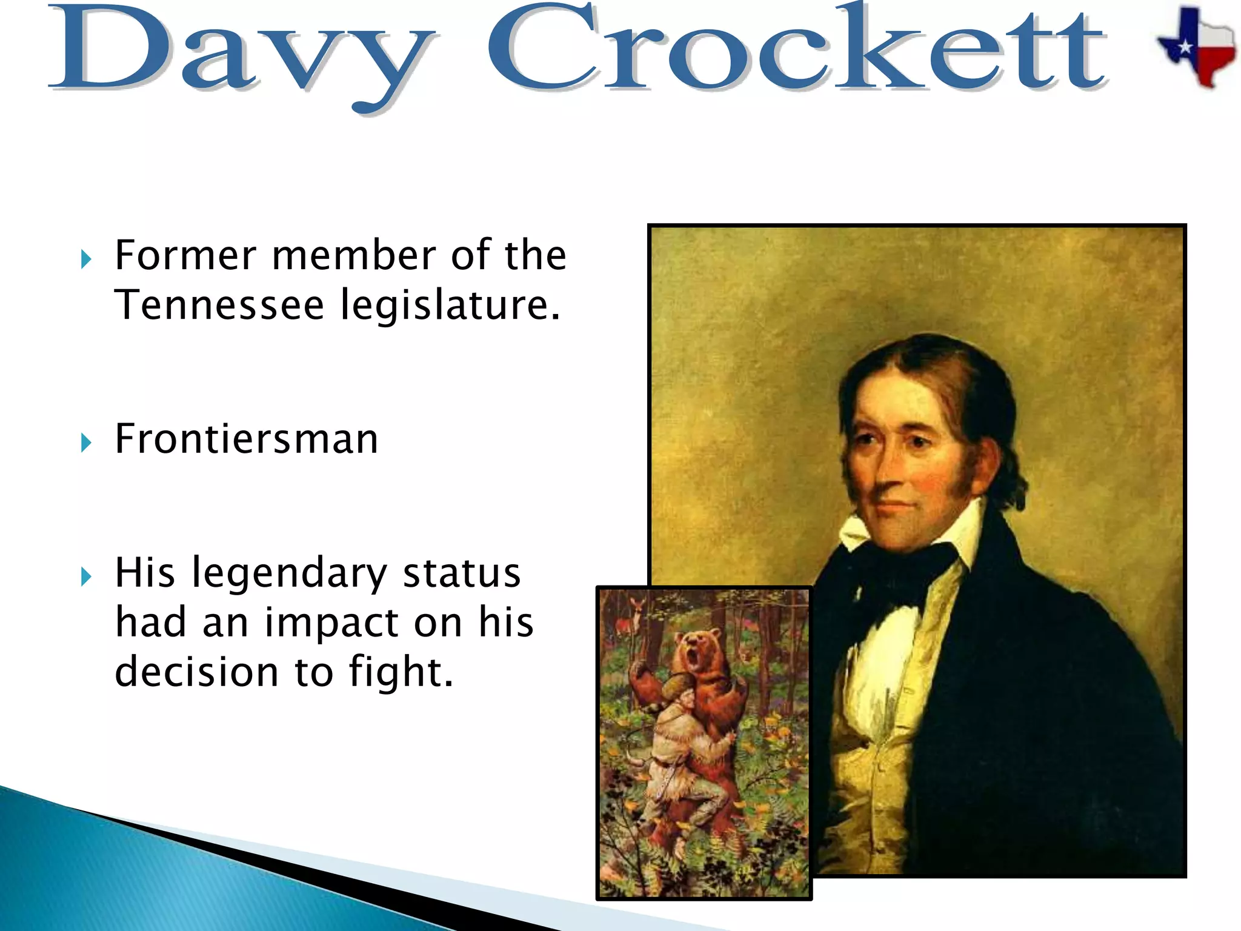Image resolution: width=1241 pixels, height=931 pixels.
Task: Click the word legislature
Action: tap(450, 306)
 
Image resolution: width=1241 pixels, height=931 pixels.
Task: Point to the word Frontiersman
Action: tap(246, 439)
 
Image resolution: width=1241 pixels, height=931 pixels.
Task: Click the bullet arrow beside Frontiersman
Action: tap(86, 443)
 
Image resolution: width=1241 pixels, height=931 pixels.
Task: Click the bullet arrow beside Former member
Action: tap(86, 260)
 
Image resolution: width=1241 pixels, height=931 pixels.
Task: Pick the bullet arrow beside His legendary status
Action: tap(86, 577)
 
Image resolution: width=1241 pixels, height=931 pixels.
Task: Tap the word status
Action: tap(461, 573)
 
